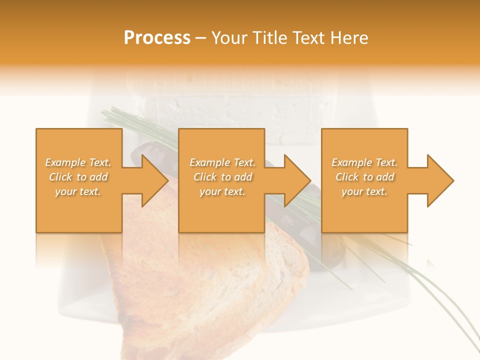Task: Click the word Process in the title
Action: click(x=157, y=38)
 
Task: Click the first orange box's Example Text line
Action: click(x=78, y=162)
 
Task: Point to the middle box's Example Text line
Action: click(x=222, y=162)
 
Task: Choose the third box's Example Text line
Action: click(x=364, y=162)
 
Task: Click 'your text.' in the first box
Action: click(x=78, y=191)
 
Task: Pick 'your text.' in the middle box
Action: click(x=222, y=191)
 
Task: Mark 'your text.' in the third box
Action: click(x=364, y=191)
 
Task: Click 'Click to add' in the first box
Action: click(x=78, y=177)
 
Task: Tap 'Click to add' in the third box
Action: click(x=364, y=177)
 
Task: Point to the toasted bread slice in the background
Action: click(x=210, y=280)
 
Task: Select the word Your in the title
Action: click(x=228, y=38)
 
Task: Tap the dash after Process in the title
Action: click(x=201, y=38)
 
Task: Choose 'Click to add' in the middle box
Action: click(x=222, y=177)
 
